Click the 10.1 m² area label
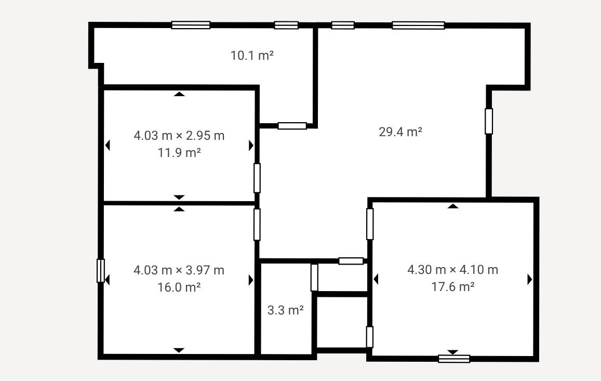coord(252,56)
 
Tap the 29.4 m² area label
coord(400,132)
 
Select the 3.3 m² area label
coord(286,310)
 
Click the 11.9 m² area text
coord(179,153)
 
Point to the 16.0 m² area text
coord(179,287)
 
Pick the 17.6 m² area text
coord(453,286)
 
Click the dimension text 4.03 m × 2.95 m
coord(179,136)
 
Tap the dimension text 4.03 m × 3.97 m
coord(179,270)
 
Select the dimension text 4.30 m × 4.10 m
coord(452,270)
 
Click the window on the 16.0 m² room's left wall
coord(100,271)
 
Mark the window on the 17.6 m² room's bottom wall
coord(454,359)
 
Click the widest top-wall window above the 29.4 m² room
coord(418,25)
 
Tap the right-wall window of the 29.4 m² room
coord(489,121)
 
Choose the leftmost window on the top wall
coord(191,25)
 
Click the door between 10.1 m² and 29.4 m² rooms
coord(292,125)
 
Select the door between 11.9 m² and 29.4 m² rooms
coord(257,178)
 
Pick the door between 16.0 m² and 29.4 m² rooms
coord(257,225)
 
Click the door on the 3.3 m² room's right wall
coord(314,278)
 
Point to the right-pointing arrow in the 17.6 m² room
coord(530,279)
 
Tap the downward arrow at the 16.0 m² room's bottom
coord(179,350)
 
